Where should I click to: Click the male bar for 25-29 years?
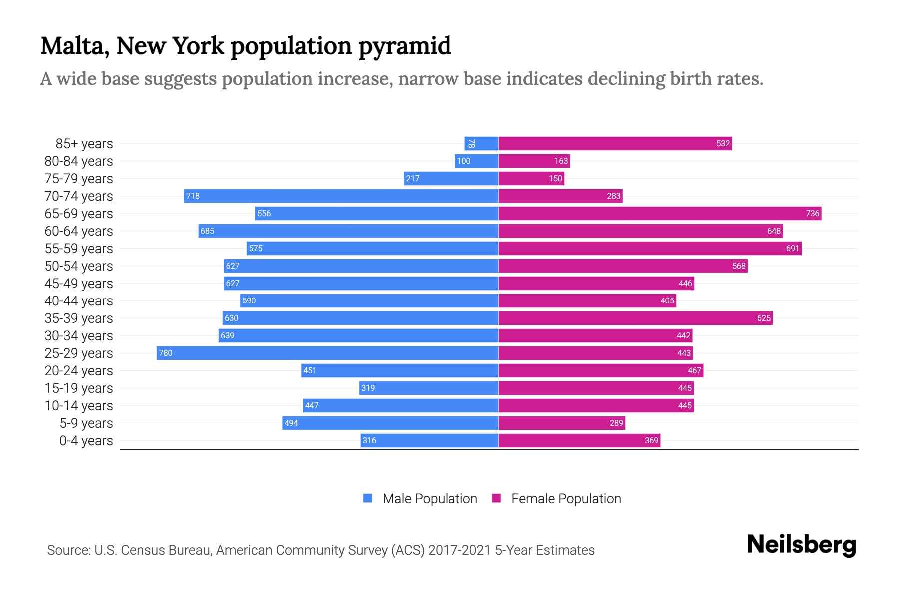328,353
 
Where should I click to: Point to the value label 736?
812,213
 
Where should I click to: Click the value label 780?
165,353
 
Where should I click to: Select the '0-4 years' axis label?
86,440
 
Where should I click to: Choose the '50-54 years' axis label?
79,266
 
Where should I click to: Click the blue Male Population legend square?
368,498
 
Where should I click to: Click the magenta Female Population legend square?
496,498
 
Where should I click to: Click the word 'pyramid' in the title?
405,46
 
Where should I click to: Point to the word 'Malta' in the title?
75,46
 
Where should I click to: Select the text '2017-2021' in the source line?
459,550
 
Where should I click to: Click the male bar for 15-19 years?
429,388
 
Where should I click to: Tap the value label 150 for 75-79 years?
555,178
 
